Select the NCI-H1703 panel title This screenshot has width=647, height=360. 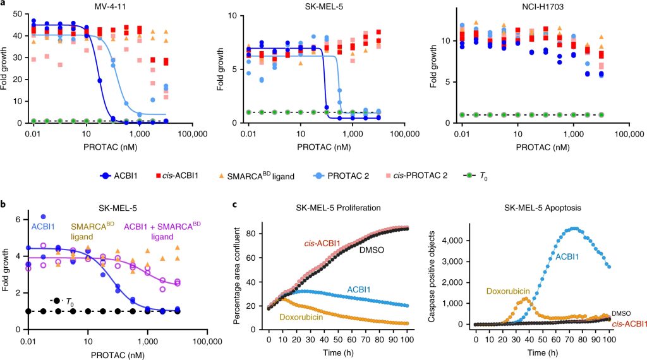tap(547, 6)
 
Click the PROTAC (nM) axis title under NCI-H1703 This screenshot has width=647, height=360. tap(547, 147)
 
